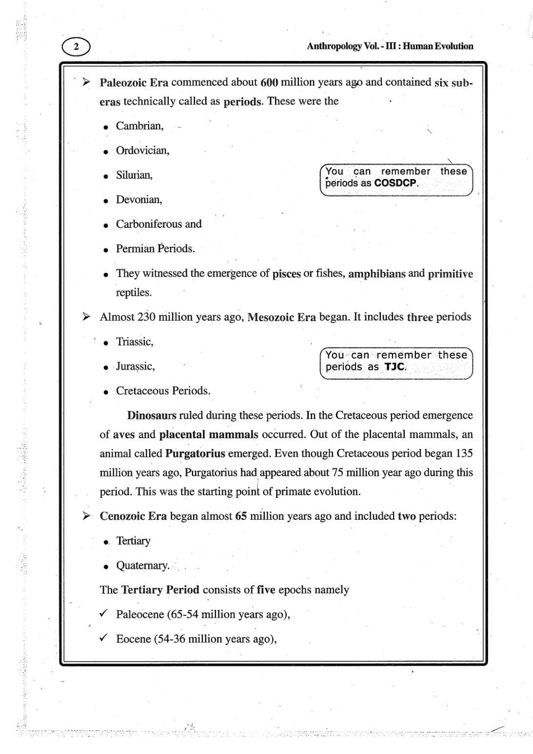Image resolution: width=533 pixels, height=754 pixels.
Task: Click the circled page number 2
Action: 76,47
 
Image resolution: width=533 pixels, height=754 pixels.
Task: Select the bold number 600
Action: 269,82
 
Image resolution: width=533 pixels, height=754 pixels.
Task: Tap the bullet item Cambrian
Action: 139,126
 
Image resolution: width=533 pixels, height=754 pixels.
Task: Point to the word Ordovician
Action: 142,150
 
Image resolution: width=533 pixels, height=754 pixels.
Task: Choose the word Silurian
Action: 134,175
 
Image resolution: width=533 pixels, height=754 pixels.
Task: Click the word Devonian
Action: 138,199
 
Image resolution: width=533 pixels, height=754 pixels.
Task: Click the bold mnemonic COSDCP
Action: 395,183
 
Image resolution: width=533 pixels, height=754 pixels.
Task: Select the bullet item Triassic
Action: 134,342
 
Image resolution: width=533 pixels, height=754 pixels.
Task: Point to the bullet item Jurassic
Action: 135,366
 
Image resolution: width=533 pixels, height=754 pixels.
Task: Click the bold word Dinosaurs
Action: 152,415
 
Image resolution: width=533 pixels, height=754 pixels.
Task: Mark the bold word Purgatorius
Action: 195,453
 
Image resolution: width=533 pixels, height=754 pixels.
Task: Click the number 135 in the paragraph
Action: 464,453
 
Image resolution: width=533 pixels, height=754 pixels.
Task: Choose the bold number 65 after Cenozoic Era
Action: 240,516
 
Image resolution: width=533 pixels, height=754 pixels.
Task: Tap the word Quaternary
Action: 142,565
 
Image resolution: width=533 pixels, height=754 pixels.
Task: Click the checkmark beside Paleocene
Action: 103,613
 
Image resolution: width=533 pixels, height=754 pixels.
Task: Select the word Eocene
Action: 133,639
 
